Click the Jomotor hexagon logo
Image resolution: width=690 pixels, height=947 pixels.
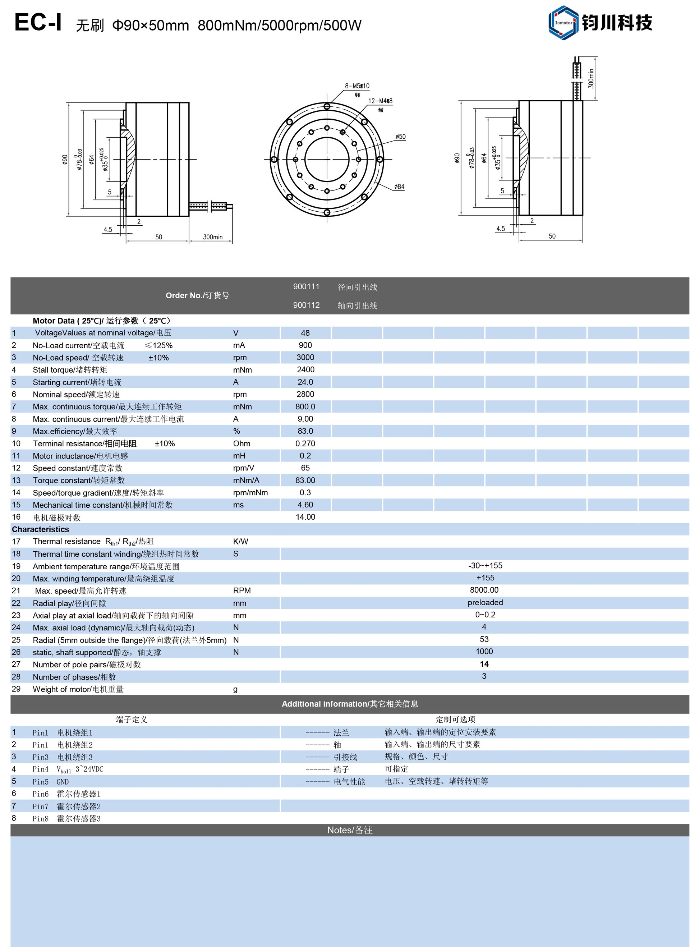563,23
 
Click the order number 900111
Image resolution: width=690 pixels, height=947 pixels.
306,286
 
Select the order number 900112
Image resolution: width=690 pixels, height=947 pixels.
306,305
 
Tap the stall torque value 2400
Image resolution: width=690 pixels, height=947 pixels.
305,370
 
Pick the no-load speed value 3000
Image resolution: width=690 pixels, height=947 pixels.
305,358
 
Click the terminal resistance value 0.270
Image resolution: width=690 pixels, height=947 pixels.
305,443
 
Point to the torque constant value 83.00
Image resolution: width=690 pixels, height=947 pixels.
305,481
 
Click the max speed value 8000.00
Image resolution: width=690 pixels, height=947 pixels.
484,590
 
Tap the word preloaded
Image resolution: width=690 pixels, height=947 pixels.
485,603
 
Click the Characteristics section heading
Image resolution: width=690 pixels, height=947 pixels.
41,530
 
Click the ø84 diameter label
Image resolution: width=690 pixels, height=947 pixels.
399,187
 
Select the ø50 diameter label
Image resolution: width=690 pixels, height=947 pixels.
401,137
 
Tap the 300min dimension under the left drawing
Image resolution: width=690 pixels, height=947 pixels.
213,237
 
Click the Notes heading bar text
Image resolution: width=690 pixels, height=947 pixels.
350,831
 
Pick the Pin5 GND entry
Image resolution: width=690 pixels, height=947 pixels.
51,782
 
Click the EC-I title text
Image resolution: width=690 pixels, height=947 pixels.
38,23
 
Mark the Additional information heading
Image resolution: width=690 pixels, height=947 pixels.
350,704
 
